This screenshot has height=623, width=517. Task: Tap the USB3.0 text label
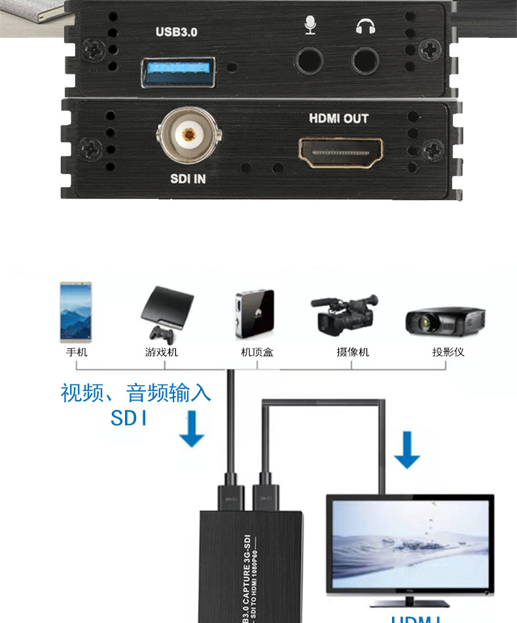[176, 32]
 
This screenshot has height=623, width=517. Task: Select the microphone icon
[310, 25]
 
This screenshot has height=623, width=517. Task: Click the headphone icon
[365, 25]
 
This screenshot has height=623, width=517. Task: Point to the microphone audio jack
[309, 62]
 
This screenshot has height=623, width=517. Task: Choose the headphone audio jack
[365, 62]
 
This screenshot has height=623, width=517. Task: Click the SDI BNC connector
[188, 135]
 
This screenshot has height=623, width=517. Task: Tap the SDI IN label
[188, 178]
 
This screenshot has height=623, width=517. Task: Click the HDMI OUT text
[338, 119]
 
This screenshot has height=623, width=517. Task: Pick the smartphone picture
[76, 312]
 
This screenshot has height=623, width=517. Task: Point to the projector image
[445, 320]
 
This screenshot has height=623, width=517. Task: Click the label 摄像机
[353, 352]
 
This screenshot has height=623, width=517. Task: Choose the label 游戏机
[161, 352]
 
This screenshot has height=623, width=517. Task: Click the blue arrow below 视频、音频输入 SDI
[192, 429]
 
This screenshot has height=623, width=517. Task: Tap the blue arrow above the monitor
[407, 450]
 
